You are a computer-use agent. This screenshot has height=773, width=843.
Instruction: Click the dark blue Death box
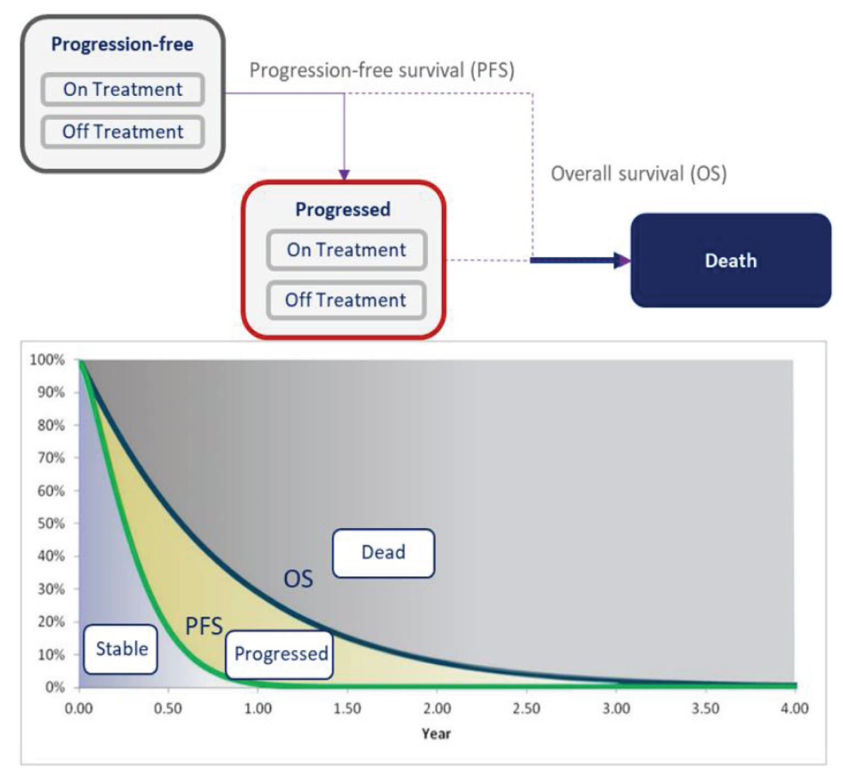click(x=730, y=260)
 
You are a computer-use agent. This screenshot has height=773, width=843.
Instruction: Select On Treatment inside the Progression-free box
click(x=122, y=89)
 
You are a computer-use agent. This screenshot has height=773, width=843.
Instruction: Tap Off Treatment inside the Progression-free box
click(x=122, y=132)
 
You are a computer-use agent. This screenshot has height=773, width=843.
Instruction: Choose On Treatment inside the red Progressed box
click(x=346, y=250)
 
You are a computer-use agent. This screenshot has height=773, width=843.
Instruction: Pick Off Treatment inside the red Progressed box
click(x=345, y=300)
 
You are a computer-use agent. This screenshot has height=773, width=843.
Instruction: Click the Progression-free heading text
click(x=122, y=44)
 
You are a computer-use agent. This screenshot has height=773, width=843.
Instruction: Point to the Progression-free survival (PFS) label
click(x=381, y=71)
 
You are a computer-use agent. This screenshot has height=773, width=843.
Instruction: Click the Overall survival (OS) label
click(x=639, y=174)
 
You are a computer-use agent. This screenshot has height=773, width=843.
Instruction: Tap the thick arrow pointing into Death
click(x=579, y=260)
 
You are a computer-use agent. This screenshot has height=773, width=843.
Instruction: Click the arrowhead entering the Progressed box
click(x=344, y=175)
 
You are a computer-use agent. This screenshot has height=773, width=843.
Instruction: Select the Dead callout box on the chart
click(x=383, y=552)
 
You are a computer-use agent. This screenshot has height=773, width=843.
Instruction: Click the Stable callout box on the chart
click(x=121, y=649)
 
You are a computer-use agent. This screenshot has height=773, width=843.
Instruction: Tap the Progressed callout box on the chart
click(x=280, y=654)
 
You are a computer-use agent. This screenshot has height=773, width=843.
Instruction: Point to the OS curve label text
click(x=298, y=579)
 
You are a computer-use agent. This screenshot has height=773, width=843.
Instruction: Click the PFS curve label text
click(x=204, y=626)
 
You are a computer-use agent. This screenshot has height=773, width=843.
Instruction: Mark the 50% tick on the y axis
click(x=51, y=523)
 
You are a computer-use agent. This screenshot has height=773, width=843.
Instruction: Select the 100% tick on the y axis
click(x=47, y=360)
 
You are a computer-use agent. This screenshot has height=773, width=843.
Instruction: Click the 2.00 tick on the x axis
click(x=437, y=708)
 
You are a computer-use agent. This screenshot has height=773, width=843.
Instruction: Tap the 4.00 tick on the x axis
click(x=795, y=708)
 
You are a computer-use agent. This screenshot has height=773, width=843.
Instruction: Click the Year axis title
click(x=436, y=734)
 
